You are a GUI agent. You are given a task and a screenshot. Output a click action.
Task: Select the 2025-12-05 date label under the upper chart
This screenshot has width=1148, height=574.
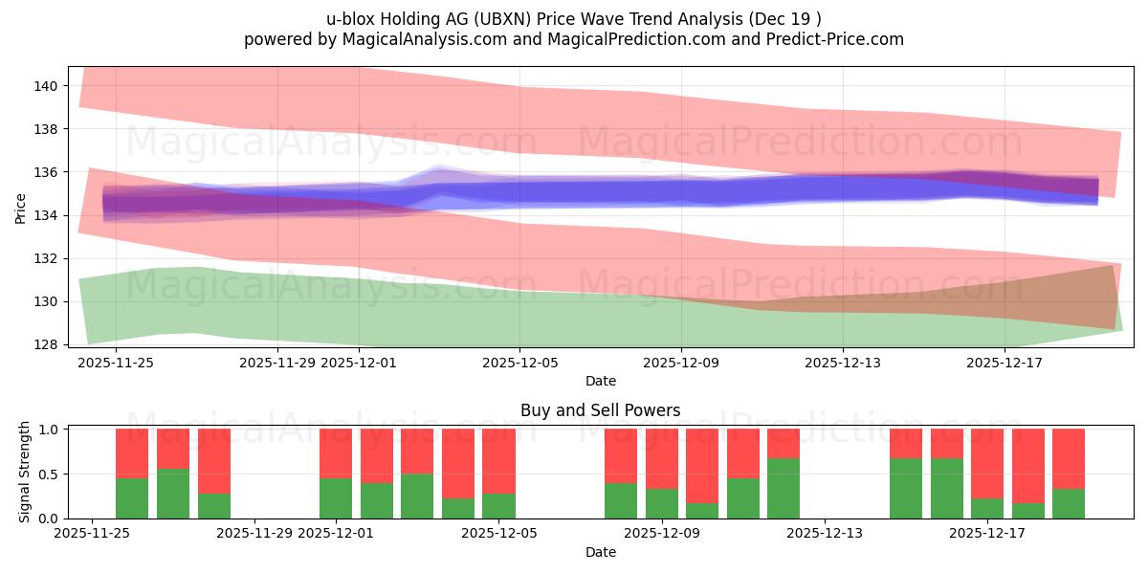click(x=519, y=363)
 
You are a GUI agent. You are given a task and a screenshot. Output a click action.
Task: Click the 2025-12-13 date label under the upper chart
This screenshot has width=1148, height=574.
click(x=843, y=363)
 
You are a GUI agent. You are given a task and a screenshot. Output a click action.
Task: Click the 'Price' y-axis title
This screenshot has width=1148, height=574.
click(x=21, y=209)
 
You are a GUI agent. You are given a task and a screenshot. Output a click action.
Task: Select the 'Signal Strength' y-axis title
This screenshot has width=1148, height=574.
click(x=26, y=472)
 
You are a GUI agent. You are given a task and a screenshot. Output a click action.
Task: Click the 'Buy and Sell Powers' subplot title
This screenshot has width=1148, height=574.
click(x=600, y=410)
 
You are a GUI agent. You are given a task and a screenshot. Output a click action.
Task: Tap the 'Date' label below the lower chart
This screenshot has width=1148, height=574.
click(x=600, y=552)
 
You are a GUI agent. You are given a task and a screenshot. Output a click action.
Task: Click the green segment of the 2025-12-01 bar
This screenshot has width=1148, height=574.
click(x=336, y=497)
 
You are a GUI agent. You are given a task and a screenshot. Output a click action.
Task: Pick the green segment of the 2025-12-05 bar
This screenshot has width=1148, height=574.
click(x=498, y=505)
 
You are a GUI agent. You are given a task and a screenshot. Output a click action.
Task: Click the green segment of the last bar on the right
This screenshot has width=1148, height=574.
click(x=1069, y=503)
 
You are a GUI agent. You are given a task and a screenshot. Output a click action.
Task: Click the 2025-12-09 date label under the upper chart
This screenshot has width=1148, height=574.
click(x=681, y=363)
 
